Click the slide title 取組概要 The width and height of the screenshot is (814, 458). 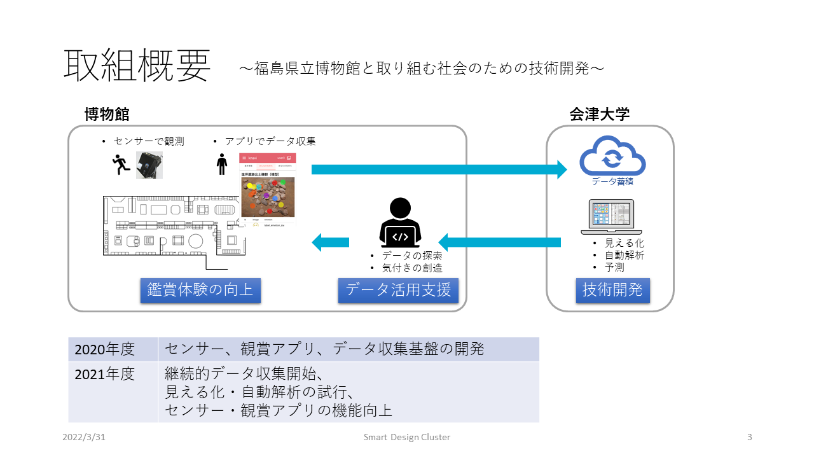click(x=137, y=66)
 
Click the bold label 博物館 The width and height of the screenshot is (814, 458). click(x=107, y=114)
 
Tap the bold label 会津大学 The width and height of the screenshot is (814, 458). click(x=599, y=114)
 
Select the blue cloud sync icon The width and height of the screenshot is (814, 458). click(x=612, y=156)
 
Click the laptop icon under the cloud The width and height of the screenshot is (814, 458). click(x=611, y=217)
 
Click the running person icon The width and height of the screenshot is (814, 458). click(x=120, y=165)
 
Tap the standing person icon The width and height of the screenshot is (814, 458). click(x=221, y=164)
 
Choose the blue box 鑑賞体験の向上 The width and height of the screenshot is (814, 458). click(x=200, y=290)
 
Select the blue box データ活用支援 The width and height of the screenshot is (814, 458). click(x=398, y=290)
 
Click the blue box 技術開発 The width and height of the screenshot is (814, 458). click(x=612, y=290)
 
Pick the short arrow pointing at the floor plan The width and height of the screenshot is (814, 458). click(x=331, y=242)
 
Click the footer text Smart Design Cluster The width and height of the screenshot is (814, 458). click(x=407, y=437)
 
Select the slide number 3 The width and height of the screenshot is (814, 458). click(x=750, y=437)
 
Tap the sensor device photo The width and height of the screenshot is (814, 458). click(x=149, y=165)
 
